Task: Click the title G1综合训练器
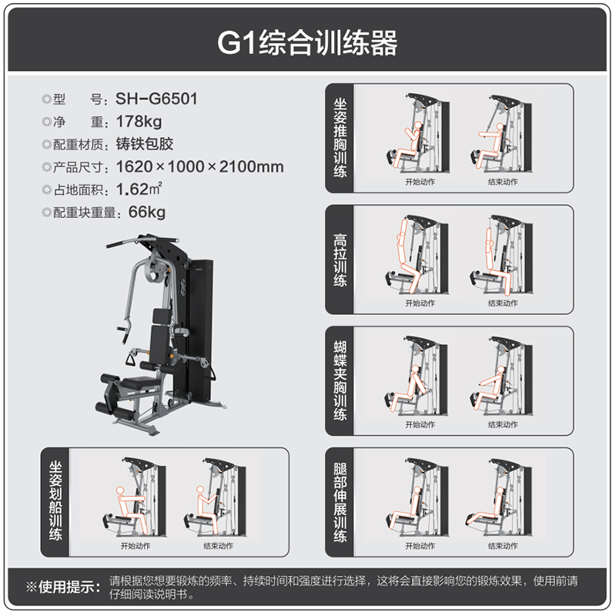pyautogui.click(x=307, y=42)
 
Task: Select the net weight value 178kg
pyautogui.click(x=139, y=121)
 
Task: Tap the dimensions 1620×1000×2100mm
pyautogui.click(x=199, y=166)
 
